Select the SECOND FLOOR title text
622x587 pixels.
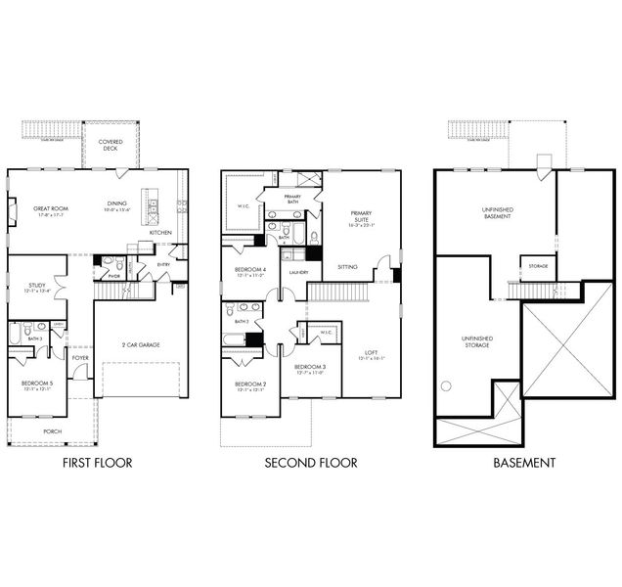tap(311, 463)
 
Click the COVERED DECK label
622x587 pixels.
tap(111, 145)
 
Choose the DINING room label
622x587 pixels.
tap(116, 204)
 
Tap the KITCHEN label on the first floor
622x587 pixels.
tap(160, 232)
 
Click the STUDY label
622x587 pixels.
tap(37, 286)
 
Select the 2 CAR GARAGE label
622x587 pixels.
tap(141, 344)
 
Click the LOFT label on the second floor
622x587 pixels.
tap(372, 352)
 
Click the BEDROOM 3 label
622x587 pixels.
tap(310, 366)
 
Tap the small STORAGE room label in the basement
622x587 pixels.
tap(537, 266)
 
